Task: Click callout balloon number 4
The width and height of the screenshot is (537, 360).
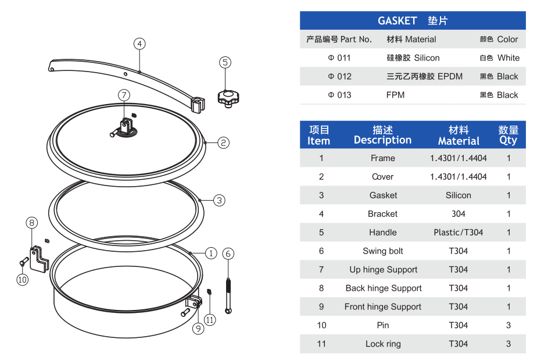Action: tap(139, 44)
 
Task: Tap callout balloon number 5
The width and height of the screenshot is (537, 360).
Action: tap(225, 62)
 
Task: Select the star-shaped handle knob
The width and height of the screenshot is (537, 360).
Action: tap(228, 97)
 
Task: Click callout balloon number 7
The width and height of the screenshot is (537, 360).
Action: tap(124, 95)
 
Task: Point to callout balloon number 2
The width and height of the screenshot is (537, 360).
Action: tap(224, 142)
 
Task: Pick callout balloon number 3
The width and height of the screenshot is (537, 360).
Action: tap(219, 201)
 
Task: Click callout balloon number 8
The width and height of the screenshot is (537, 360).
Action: tap(32, 222)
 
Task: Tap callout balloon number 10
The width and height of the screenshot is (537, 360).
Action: tap(22, 280)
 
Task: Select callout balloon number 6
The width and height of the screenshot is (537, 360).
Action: tap(228, 254)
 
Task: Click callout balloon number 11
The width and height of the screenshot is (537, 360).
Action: tap(210, 319)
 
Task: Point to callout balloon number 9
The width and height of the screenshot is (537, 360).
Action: tap(198, 329)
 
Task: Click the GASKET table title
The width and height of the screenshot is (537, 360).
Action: tap(413, 21)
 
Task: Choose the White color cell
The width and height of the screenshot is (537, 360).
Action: tap(499, 58)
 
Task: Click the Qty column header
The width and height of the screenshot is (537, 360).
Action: tap(508, 136)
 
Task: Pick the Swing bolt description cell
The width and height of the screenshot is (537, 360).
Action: tap(382, 251)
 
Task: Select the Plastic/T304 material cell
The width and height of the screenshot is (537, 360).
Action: tap(458, 232)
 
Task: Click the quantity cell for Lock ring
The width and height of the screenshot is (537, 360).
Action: tap(508, 344)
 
